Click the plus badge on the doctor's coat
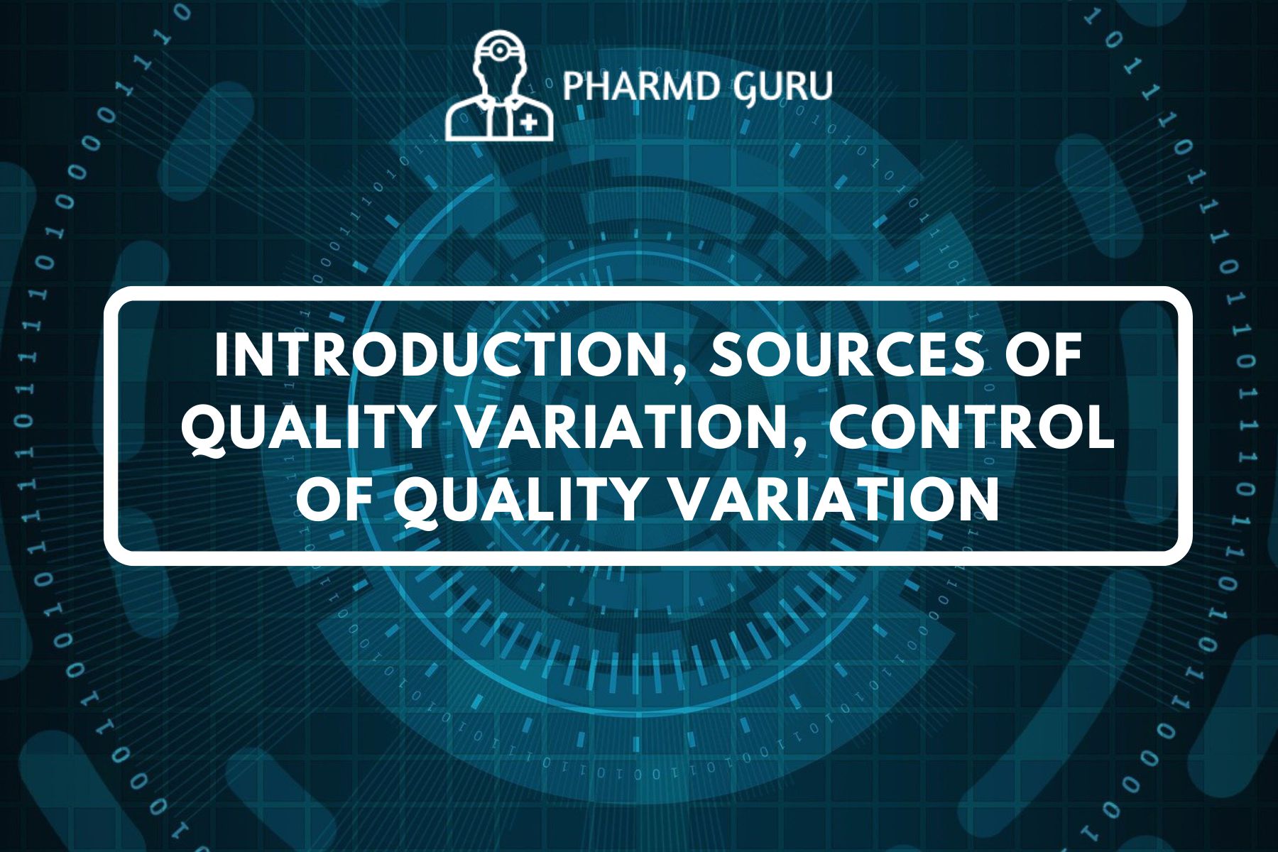[x=528, y=124]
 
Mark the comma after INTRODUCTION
[x=687, y=371]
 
